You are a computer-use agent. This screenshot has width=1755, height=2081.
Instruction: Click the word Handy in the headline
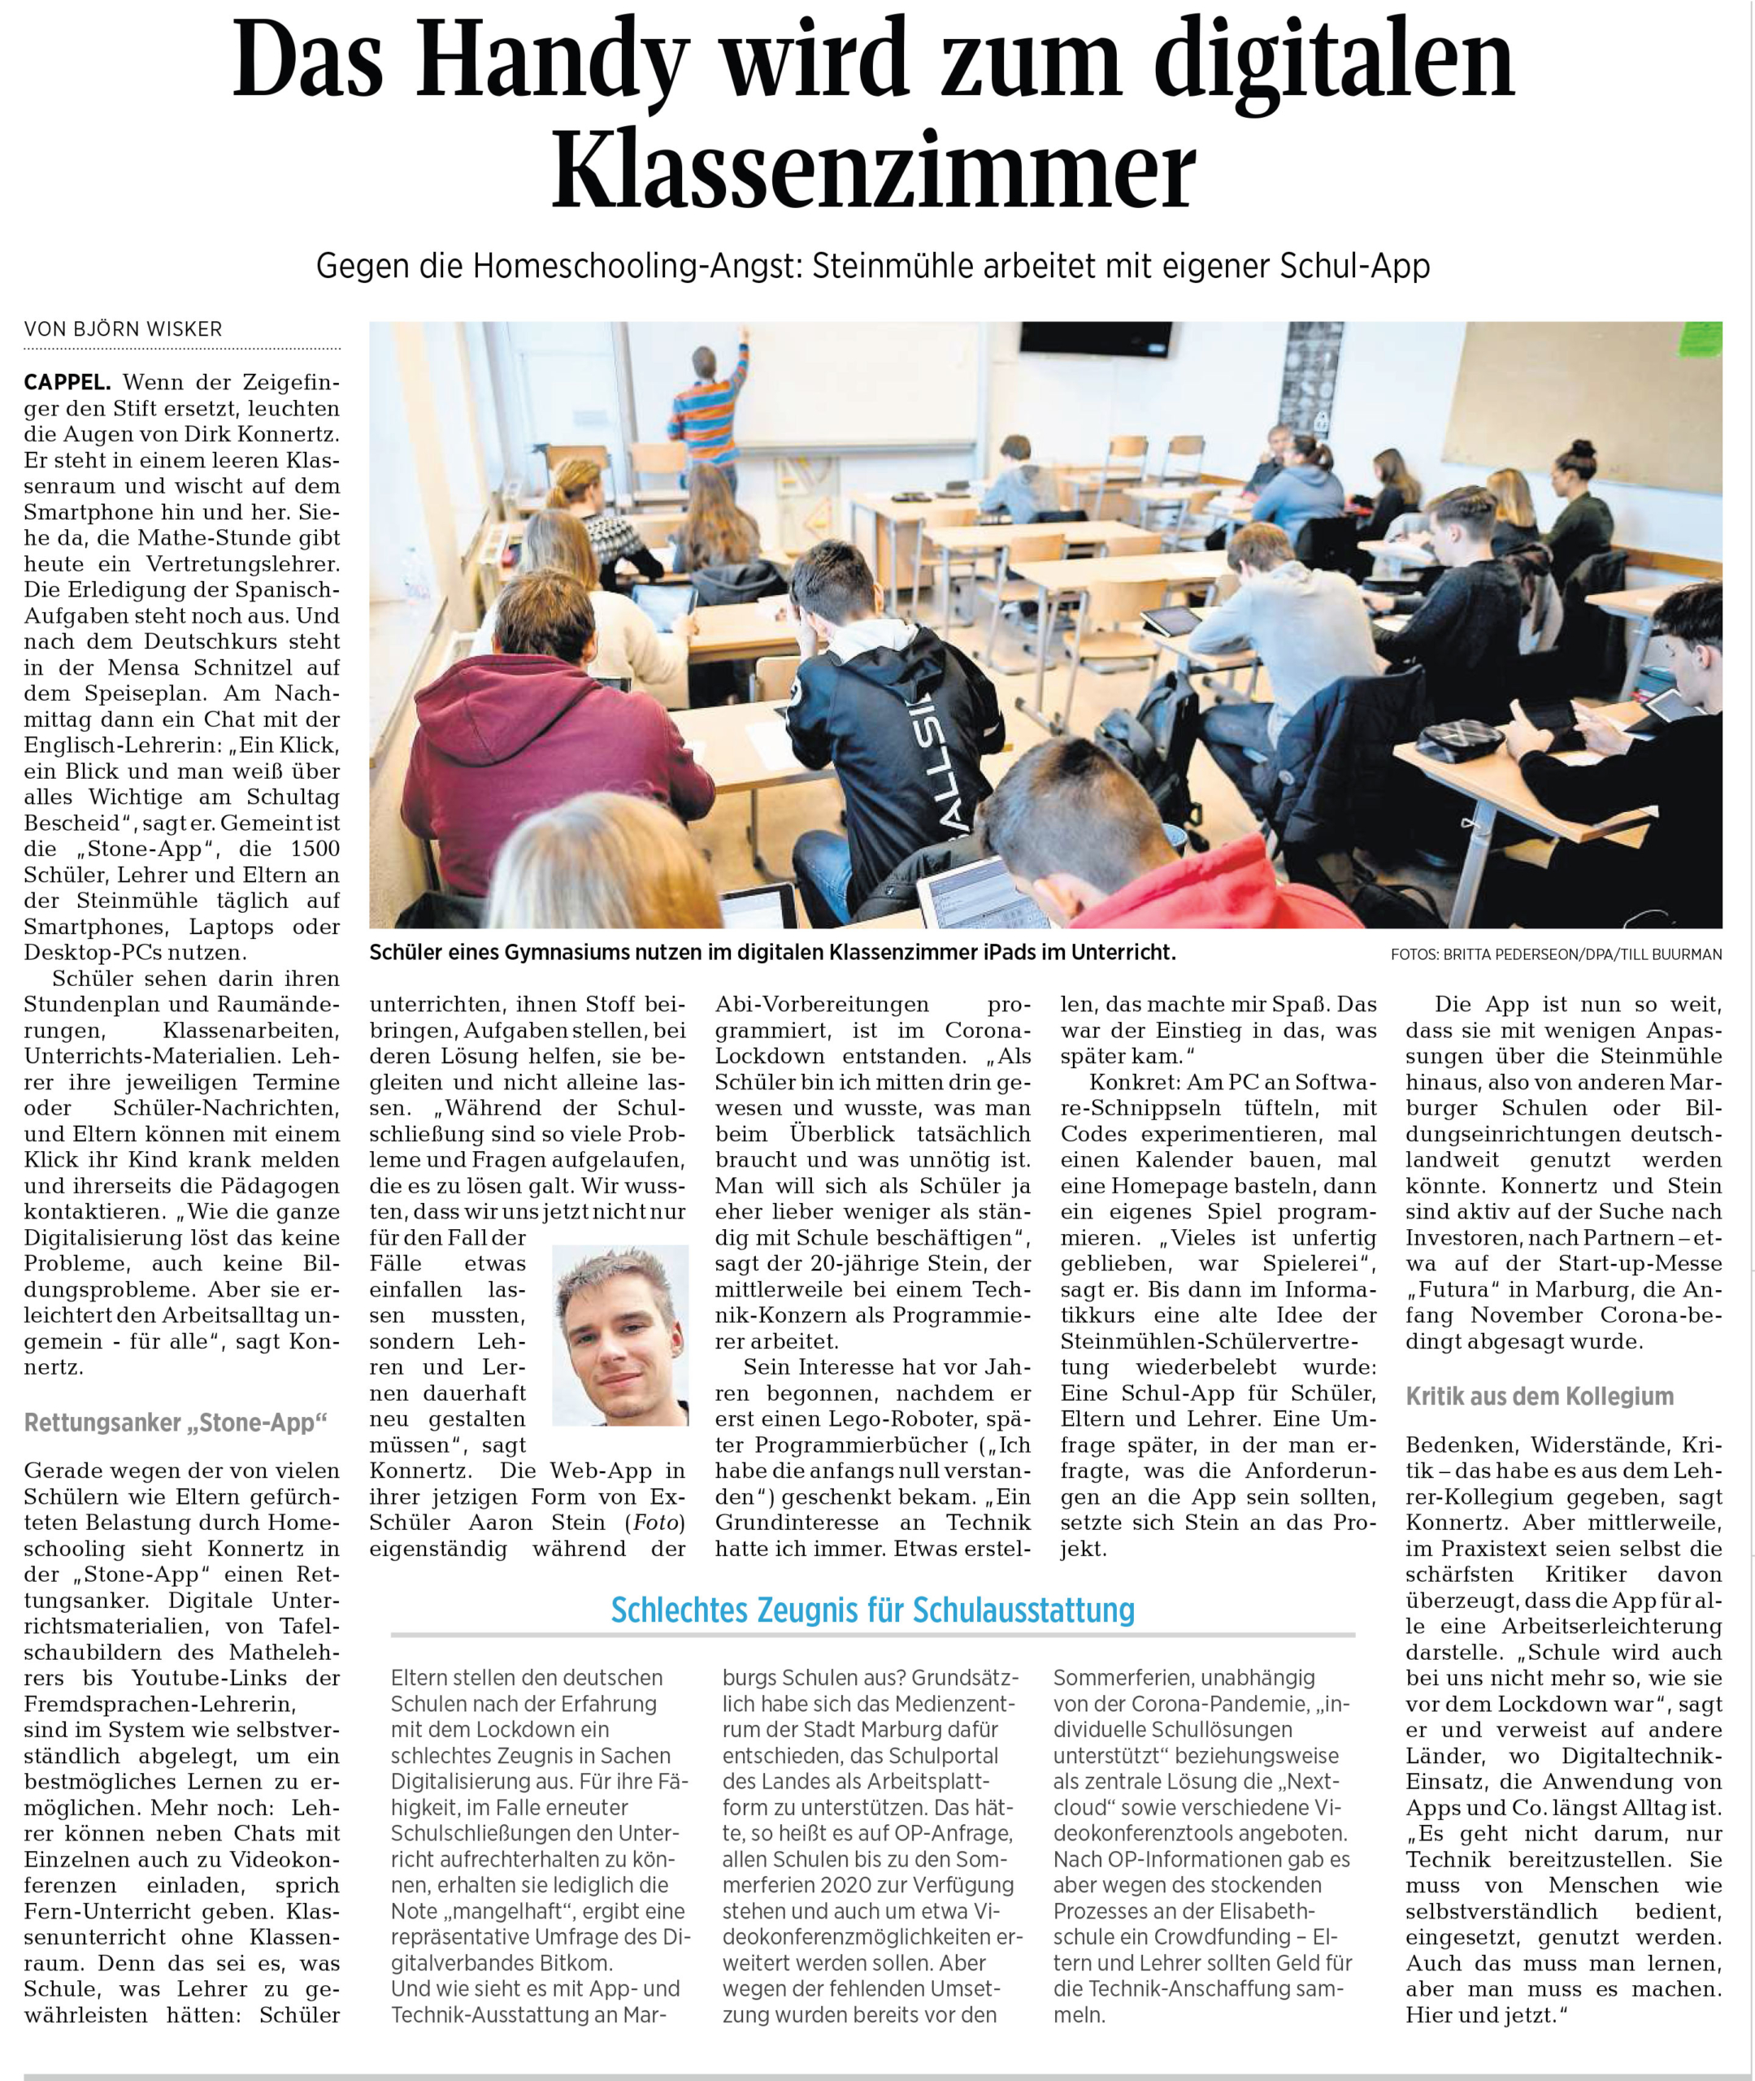[x=552, y=62]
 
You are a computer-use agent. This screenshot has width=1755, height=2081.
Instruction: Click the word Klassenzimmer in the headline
[x=874, y=171]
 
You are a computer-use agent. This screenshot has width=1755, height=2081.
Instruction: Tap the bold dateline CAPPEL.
[x=67, y=382]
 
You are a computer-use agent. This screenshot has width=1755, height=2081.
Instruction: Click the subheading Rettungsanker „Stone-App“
[x=175, y=1423]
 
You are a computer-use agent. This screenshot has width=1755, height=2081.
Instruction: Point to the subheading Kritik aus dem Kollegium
[x=1539, y=1397]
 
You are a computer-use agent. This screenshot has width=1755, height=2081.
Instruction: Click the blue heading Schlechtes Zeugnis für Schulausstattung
[x=872, y=1610]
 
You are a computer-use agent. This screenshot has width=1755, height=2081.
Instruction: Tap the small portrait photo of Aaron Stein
[x=620, y=1335]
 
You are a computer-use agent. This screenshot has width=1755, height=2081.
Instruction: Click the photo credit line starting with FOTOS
[x=1556, y=955]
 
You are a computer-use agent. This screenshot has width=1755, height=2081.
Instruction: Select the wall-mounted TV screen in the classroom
[x=1081, y=338]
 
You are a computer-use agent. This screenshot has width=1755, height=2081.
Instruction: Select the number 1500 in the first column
[x=315, y=849]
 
